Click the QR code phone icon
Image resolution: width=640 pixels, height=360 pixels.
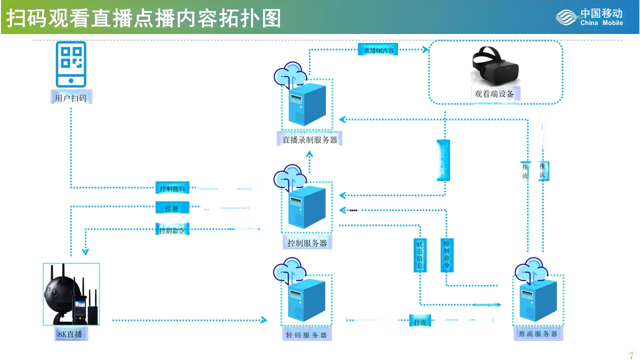[x=71, y=63]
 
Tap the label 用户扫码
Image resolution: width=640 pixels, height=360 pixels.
[x=71, y=98]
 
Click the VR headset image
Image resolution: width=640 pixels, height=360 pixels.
[x=495, y=65]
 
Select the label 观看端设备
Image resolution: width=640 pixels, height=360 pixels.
[x=494, y=94]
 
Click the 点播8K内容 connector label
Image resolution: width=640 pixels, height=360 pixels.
[x=378, y=50]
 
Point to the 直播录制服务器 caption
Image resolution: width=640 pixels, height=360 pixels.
[x=309, y=140]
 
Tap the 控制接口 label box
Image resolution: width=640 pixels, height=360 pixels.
[x=172, y=188]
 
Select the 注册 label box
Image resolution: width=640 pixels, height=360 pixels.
[x=172, y=208]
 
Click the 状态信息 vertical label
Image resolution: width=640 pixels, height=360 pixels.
[x=419, y=255]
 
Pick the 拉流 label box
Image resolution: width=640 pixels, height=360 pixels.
[x=419, y=322]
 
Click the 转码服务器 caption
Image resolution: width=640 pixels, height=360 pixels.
[x=306, y=335]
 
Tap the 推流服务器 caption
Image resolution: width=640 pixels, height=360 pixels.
[x=538, y=334]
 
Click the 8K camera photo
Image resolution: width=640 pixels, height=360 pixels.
[x=71, y=294]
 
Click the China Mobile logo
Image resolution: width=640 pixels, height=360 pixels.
[x=590, y=17]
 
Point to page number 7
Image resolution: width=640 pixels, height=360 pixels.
[x=631, y=355]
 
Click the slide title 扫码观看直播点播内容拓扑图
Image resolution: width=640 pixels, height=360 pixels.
[x=144, y=18]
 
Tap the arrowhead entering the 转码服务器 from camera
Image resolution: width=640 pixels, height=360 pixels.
[x=264, y=320]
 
